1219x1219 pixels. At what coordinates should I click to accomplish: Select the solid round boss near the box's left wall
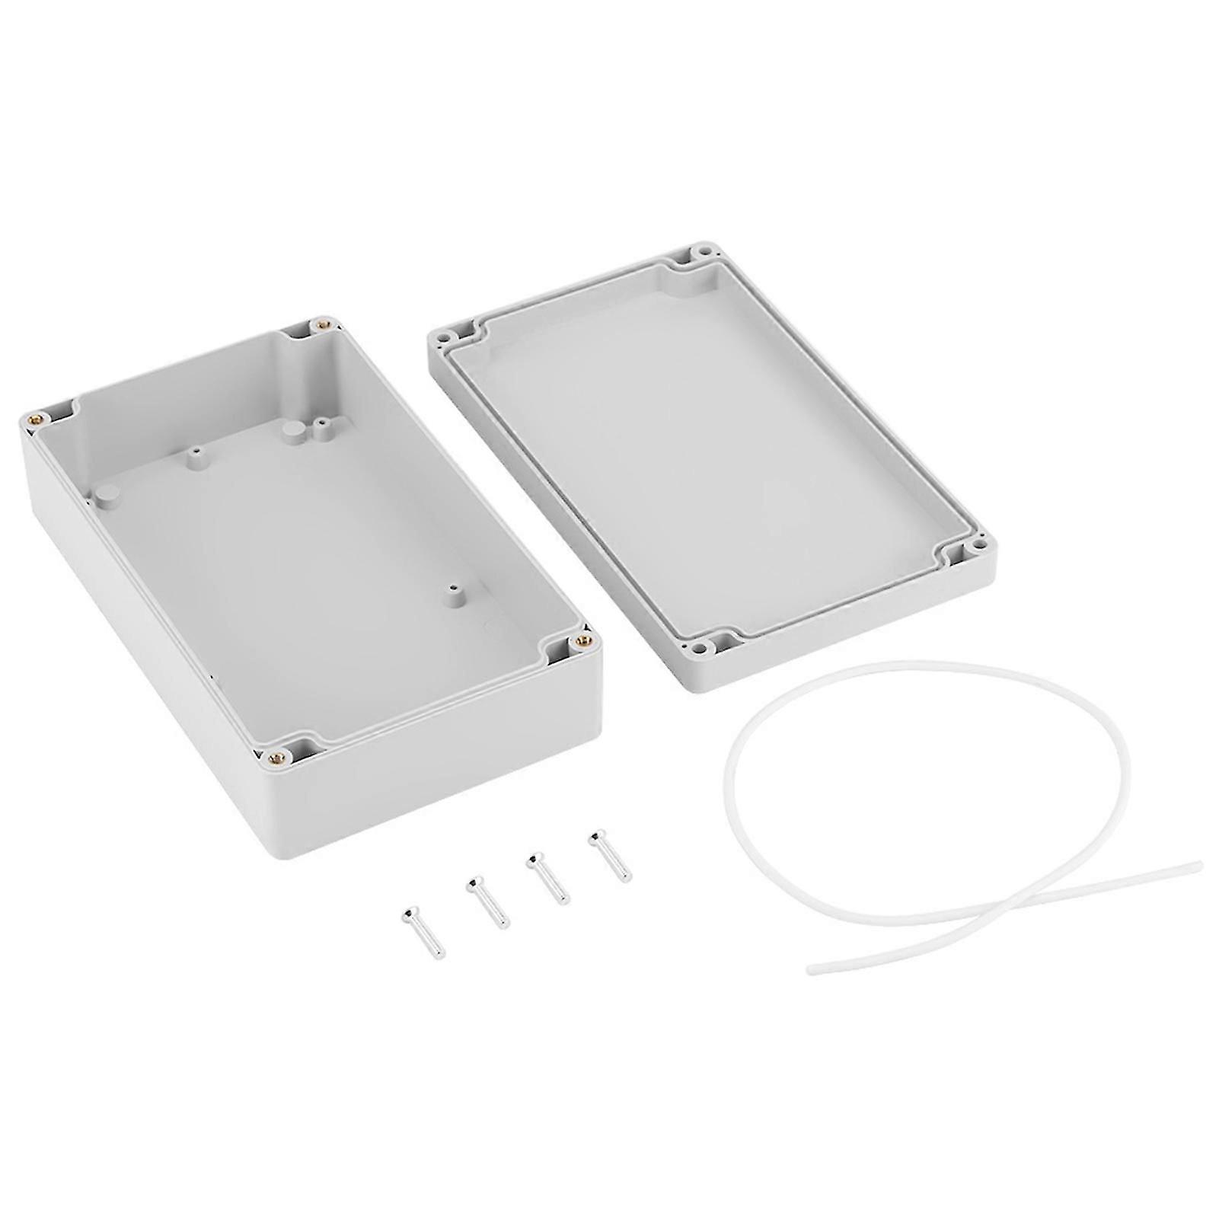coord(106,494)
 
